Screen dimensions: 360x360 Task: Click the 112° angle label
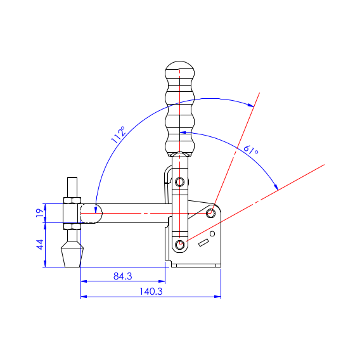click(x=119, y=135)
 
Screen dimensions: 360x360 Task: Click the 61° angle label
click(x=251, y=150)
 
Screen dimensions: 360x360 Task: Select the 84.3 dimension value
click(x=123, y=276)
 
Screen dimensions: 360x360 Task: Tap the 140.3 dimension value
click(x=151, y=292)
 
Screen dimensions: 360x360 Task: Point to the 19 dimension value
click(x=40, y=213)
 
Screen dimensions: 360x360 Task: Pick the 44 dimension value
click(x=40, y=245)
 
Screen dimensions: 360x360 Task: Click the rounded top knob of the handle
click(x=180, y=70)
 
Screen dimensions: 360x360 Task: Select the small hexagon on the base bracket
click(x=212, y=234)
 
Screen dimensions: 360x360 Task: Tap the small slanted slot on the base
click(x=203, y=243)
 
